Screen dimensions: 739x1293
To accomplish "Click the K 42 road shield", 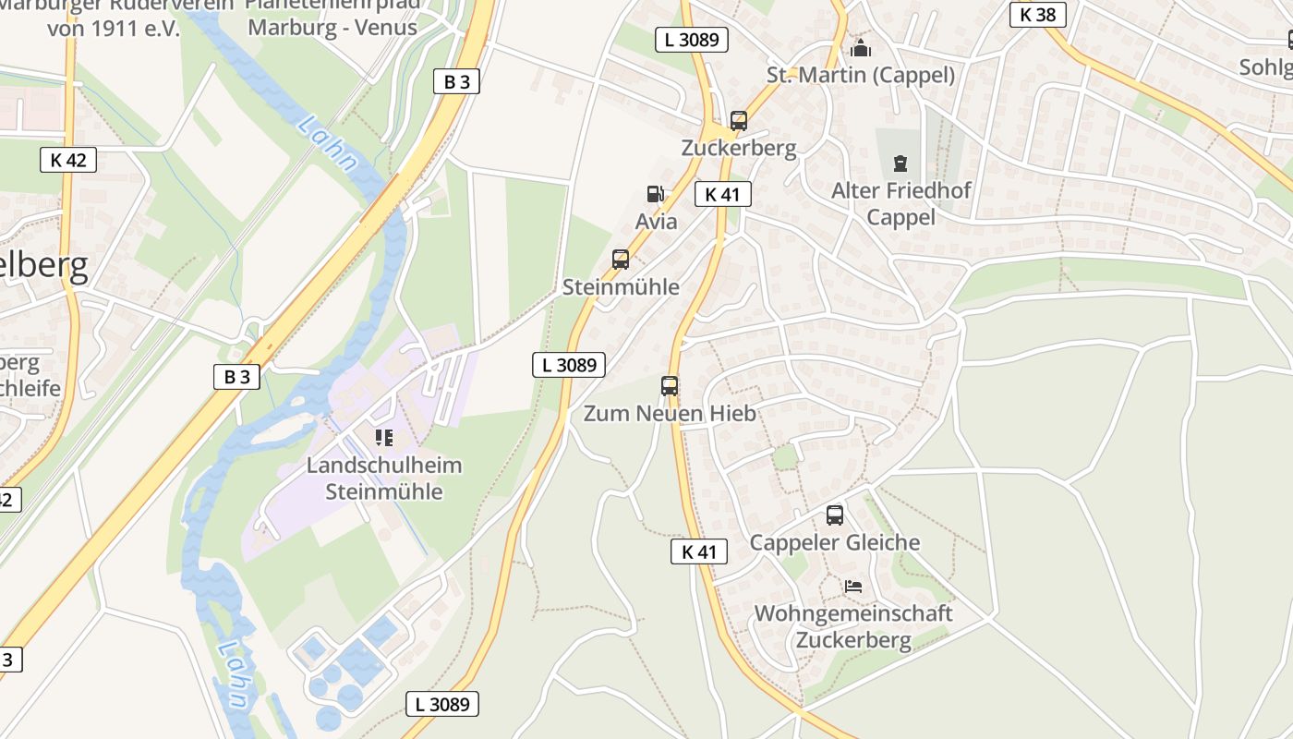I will click(68, 160).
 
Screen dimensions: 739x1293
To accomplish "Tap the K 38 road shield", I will click(1038, 15).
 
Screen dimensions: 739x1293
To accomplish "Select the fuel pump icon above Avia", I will click(655, 194).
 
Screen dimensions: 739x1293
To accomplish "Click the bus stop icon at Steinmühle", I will click(621, 260).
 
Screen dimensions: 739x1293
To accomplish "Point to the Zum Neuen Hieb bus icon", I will click(670, 386).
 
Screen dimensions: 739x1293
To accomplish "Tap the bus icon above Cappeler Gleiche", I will click(835, 515).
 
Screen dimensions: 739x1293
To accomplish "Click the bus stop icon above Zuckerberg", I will click(738, 120).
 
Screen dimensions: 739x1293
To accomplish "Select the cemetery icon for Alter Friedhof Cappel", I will click(900, 164).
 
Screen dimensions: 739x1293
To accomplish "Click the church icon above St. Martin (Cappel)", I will click(861, 48).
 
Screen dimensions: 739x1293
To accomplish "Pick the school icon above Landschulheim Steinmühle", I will click(384, 437).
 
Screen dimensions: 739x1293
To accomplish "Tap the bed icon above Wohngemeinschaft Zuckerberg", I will click(853, 587).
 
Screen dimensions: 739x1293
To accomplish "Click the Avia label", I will click(657, 222).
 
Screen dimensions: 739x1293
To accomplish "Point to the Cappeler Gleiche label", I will click(835, 542).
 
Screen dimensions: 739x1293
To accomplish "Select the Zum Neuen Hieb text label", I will click(670, 413).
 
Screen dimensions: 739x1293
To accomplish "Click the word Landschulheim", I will click(384, 465).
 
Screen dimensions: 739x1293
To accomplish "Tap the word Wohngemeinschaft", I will click(853, 613).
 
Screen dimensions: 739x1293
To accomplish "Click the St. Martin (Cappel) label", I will click(861, 75).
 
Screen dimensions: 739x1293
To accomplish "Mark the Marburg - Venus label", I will click(332, 27).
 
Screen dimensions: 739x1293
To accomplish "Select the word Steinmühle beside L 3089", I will click(621, 287).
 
